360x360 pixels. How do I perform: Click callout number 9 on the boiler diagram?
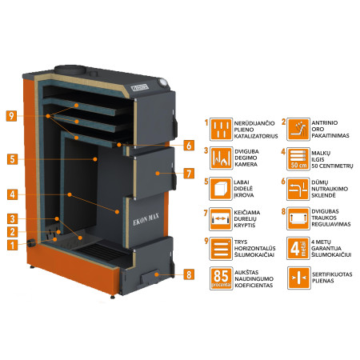point(11,114)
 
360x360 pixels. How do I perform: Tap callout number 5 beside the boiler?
point(11,158)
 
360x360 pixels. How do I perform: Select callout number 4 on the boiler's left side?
point(11,194)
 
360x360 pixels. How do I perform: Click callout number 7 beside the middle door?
point(188,173)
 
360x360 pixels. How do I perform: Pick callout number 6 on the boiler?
point(188,146)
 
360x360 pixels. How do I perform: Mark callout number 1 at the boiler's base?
point(11,245)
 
